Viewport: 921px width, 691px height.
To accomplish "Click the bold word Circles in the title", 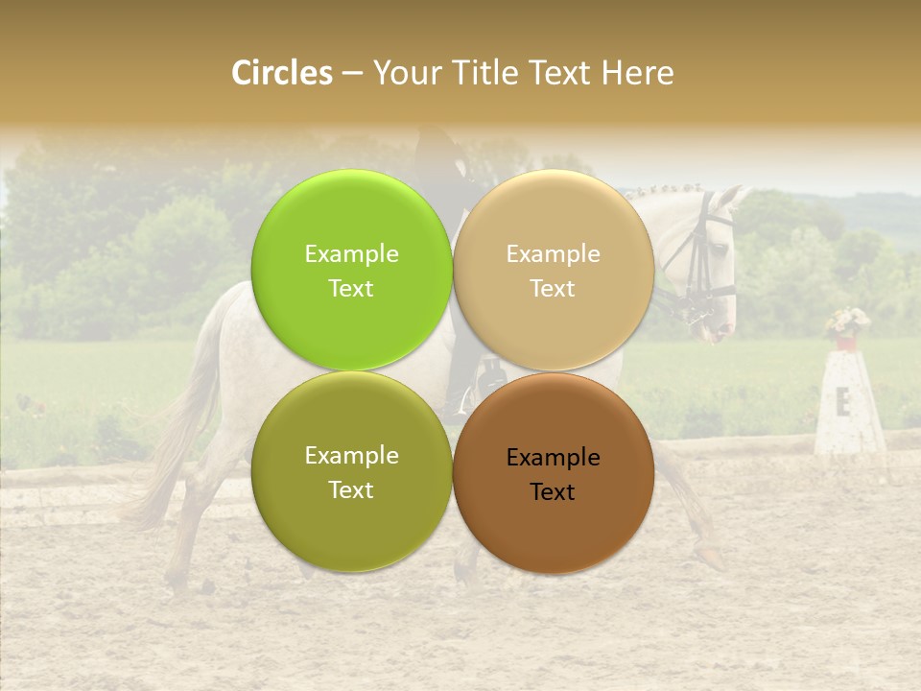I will click(x=282, y=73).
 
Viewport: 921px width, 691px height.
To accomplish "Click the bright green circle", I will click(x=351, y=271).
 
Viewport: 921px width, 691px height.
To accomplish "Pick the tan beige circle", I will click(x=554, y=271).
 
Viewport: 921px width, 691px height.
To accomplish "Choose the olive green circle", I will click(x=351, y=472).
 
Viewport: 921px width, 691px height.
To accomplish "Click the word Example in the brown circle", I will click(x=554, y=458).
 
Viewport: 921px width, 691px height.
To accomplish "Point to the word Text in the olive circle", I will click(x=351, y=489).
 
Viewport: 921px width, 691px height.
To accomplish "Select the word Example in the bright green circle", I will click(x=351, y=254).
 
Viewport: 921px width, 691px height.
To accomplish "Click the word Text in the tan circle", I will click(x=554, y=288).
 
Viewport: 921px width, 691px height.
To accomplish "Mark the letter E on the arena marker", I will click(x=843, y=402).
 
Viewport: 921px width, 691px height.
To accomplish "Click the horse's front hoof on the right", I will click(x=710, y=557).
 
